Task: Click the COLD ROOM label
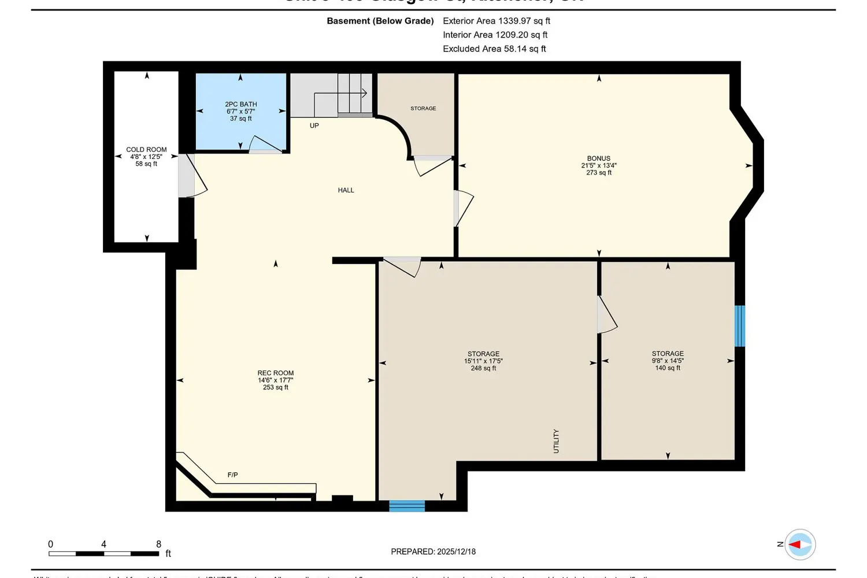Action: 146,150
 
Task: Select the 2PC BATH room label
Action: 241,105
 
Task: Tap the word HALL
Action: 346,190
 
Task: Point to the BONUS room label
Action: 598,158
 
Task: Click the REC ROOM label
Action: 276,373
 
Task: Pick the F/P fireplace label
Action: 232,475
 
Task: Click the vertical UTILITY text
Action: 556,441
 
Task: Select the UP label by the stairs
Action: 314,125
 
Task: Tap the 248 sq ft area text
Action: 483,368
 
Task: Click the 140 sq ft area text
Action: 668,368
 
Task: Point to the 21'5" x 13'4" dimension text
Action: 598,165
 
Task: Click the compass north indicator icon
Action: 800,544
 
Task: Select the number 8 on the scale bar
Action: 158,544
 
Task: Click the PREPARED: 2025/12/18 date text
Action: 433,551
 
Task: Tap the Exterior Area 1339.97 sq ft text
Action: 496,21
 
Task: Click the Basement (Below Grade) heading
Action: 380,21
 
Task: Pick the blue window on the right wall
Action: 739,326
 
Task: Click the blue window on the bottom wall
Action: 407,506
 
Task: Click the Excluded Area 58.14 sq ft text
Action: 494,49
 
